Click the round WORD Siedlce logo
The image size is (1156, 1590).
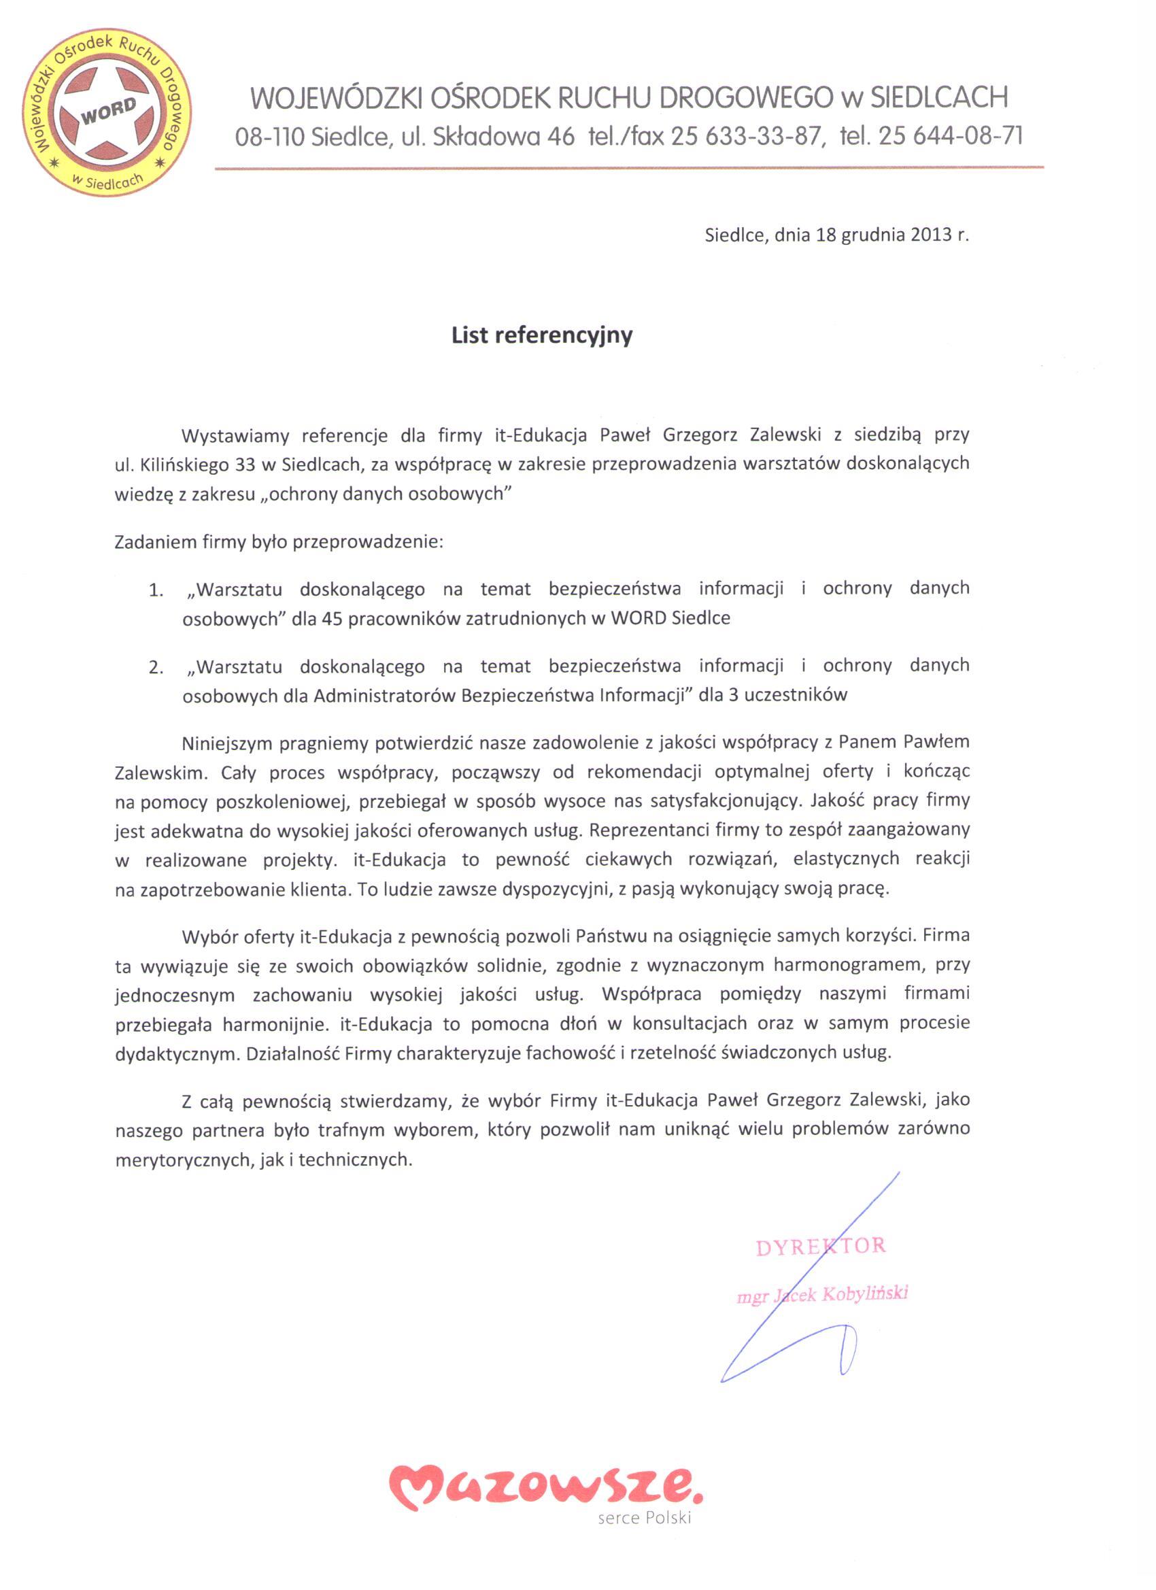click(107, 112)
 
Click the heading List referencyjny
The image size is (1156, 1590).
click(542, 335)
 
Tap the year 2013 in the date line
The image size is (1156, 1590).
click(931, 235)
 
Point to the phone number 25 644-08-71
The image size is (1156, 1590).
click(951, 135)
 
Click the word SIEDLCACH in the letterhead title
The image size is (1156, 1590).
click(939, 97)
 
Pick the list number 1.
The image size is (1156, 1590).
click(156, 591)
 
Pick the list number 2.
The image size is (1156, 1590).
click(156, 667)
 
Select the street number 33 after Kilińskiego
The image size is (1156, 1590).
click(245, 464)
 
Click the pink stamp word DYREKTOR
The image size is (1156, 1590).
click(820, 1247)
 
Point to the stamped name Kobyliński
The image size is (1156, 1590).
click(865, 1293)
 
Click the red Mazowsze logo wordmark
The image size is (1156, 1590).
click(545, 1485)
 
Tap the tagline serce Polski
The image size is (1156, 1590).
click(644, 1518)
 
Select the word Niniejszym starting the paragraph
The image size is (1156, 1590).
click(226, 743)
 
